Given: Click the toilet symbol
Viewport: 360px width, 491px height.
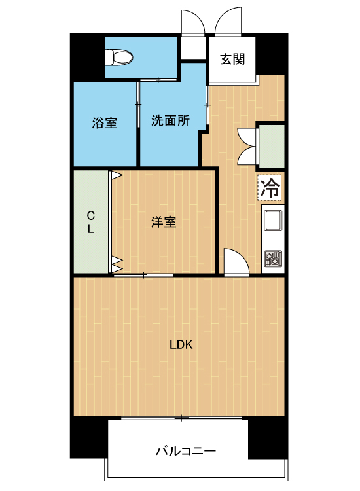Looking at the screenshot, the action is pyautogui.click(x=118, y=58).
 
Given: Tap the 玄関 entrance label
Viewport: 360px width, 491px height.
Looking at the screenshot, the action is pyautogui.click(x=232, y=59).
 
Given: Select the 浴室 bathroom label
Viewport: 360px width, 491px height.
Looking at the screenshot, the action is pyautogui.click(x=105, y=122).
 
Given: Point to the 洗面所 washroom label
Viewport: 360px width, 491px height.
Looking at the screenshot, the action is pyautogui.click(x=170, y=120).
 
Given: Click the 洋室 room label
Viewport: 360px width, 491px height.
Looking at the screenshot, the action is pyautogui.click(x=164, y=222).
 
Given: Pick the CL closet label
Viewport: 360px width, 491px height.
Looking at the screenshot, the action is pyautogui.click(x=91, y=222).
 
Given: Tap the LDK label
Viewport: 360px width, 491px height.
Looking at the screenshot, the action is pyautogui.click(x=181, y=345).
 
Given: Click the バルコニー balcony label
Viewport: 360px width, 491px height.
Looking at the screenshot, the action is pyautogui.click(x=186, y=451).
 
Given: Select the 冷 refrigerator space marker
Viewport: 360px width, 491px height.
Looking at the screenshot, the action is pyautogui.click(x=270, y=188).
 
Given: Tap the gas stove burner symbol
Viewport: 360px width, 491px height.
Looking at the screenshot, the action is pyautogui.click(x=273, y=259).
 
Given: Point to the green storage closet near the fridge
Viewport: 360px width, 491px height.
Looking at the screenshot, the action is pyautogui.click(x=272, y=146).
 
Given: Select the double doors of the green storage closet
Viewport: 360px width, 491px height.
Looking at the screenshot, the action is pyautogui.click(x=247, y=146).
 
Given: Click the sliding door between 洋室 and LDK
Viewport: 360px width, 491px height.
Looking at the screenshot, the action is pyautogui.click(x=144, y=275).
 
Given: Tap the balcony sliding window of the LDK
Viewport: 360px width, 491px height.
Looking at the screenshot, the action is pyautogui.click(x=181, y=418).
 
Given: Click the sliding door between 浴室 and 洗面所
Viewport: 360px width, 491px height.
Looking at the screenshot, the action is pyautogui.click(x=138, y=105).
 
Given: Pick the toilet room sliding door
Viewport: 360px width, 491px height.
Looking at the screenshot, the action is pyautogui.click(x=158, y=79).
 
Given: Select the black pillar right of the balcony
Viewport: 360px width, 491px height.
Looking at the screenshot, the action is pyautogui.click(x=268, y=438).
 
